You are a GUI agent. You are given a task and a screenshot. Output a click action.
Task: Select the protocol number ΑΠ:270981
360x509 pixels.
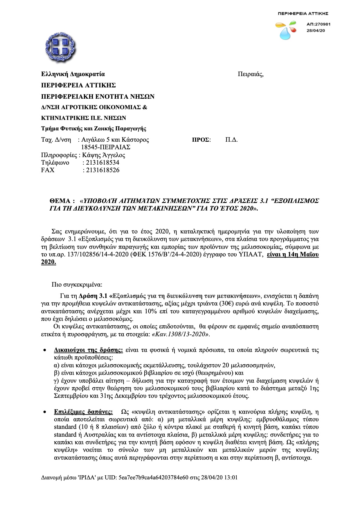(x=318, y=24)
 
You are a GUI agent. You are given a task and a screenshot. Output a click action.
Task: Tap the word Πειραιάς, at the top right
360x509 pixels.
(x=251, y=74)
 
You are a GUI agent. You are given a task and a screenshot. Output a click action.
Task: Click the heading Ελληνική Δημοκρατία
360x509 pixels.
(x=73, y=74)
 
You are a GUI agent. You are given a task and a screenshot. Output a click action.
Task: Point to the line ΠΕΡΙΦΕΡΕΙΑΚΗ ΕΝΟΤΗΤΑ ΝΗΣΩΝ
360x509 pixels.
(x=98, y=96)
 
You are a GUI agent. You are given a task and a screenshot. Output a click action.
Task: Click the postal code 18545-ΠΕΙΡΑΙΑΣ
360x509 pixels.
(x=106, y=147)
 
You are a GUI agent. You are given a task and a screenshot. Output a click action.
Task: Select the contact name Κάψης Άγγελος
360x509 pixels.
(x=104, y=155)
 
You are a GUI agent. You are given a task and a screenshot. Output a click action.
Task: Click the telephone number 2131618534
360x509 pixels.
(x=101, y=163)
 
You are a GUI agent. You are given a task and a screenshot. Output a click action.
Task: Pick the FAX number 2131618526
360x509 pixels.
(x=101, y=170)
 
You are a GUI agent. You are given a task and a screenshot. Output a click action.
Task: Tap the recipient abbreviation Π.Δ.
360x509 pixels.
(x=231, y=140)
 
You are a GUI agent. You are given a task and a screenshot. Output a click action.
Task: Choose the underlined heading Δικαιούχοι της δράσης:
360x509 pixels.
(x=89, y=350)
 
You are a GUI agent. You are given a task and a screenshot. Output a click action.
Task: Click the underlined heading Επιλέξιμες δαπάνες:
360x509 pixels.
(x=84, y=412)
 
